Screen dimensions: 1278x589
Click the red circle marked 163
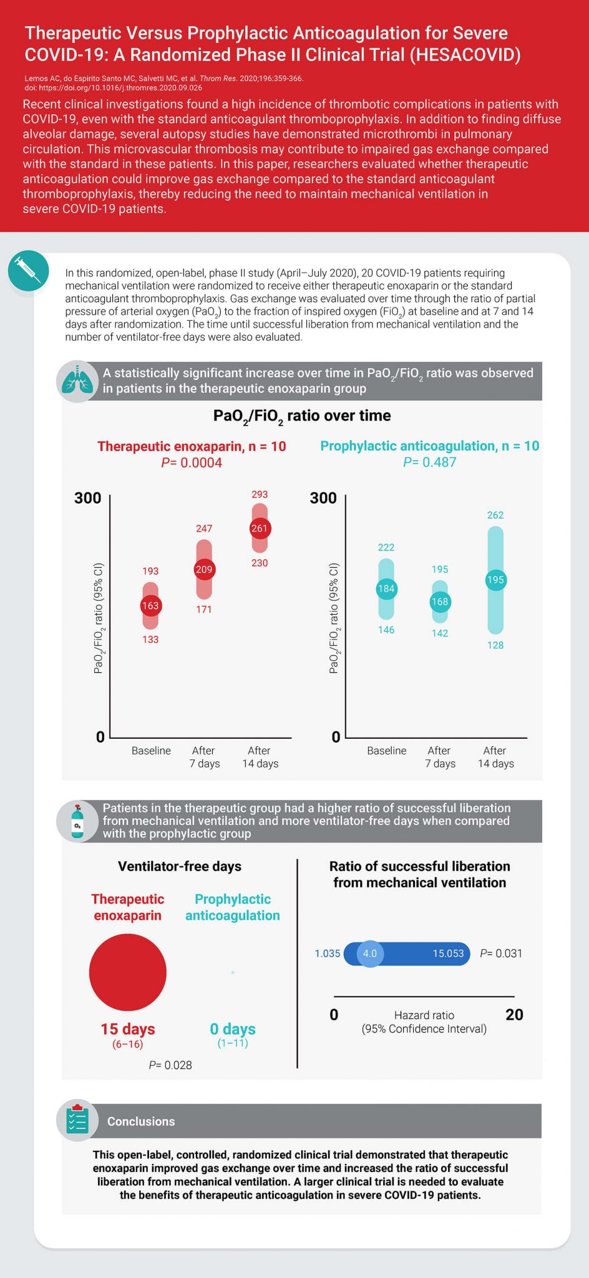tap(150, 605)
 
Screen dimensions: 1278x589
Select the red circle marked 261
tap(259, 529)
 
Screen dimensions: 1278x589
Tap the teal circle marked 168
tap(440, 602)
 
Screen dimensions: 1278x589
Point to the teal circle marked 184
tap(386, 588)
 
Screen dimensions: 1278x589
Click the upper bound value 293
tap(260, 494)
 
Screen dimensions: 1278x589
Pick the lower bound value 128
tap(495, 645)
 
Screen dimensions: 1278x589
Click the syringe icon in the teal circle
tap(28, 270)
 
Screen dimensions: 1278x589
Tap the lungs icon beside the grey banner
tap(77, 381)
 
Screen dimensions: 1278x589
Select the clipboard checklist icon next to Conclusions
tap(77, 1120)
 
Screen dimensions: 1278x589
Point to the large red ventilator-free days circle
tap(128, 972)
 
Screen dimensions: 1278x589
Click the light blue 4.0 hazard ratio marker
tap(370, 954)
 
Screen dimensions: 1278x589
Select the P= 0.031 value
tap(501, 954)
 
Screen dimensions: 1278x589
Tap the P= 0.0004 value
tap(192, 462)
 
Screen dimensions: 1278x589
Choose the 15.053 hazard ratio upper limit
tap(448, 954)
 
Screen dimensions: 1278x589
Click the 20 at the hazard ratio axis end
tap(514, 1015)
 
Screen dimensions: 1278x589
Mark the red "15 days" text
tap(128, 1029)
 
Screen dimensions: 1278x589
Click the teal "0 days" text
tap(233, 1029)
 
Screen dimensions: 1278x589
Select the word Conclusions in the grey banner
tap(141, 1121)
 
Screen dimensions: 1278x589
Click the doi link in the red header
tap(113, 88)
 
